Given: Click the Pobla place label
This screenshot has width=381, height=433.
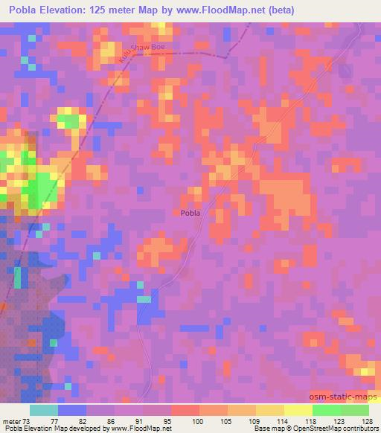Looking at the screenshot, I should point(190,213).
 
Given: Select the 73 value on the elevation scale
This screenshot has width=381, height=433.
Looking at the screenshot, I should point(29,420).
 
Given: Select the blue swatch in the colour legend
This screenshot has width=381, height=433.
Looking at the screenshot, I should point(71,410).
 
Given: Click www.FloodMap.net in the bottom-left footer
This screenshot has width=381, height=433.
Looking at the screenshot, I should point(135,429).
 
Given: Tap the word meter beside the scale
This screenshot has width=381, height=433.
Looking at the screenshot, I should point(13,420).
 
